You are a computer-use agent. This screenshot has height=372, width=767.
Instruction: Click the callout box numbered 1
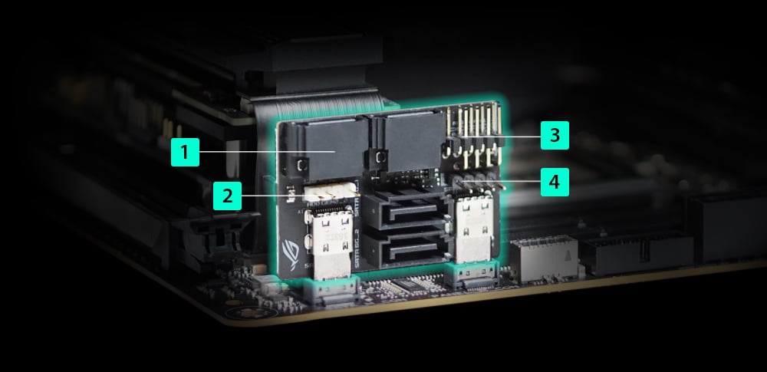pyautogui.click(x=185, y=152)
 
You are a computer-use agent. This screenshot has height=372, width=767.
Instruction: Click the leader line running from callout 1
pyautogui.click(x=261, y=152)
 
